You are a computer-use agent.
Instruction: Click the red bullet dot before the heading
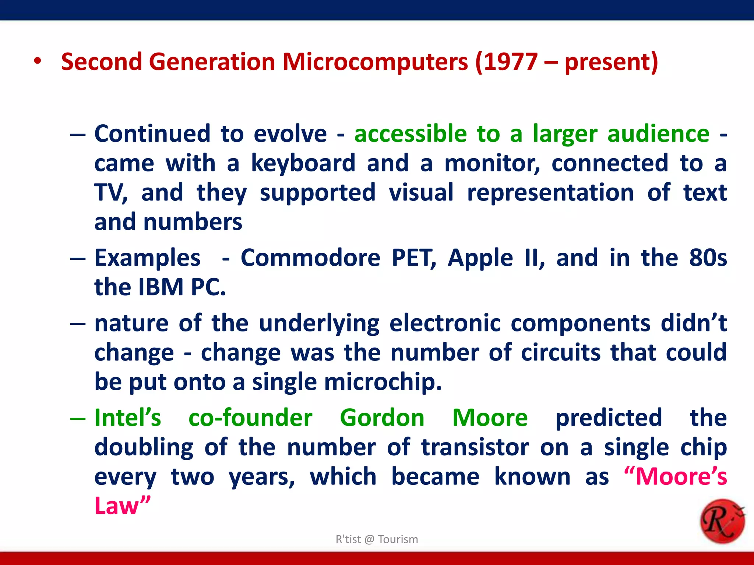37,61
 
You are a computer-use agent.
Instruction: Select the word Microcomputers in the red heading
375,62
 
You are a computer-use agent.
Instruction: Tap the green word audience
658,134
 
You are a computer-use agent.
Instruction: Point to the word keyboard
303,163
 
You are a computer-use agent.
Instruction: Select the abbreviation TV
110,192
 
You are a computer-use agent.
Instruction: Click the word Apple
480,258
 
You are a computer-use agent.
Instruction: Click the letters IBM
161,287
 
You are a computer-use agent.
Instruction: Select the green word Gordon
382,418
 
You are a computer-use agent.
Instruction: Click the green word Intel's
128,418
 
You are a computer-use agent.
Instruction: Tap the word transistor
475,447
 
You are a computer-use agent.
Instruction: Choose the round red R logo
722,521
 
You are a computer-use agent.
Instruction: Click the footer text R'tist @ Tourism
377,539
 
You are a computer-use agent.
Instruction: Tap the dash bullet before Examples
78,258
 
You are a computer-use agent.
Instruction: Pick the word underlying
319,324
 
